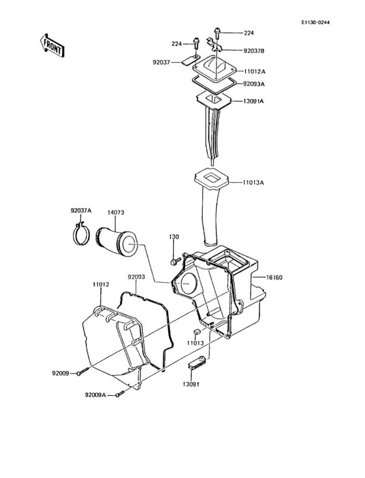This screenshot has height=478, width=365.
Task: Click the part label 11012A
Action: pyautogui.click(x=254, y=71)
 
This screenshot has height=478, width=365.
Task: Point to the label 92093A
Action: pyautogui.click(x=254, y=84)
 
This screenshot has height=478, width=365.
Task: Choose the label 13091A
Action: pyautogui.click(x=254, y=101)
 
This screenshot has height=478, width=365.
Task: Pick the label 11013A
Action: pyautogui.click(x=254, y=183)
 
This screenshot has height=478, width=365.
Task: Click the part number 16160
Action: pyautogui.click(x=274, y=278)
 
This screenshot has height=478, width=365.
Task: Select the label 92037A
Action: pyautogui.click(x=81, y=211)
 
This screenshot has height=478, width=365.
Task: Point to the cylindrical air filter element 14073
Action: pyautogui.click(x=117, y=241)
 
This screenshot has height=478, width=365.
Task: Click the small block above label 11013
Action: pyautogui.click(x=194, y=332)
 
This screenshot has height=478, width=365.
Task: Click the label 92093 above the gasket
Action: pyautogui.click(x=136, y=278)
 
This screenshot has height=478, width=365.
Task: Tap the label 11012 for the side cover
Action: pyautogui.click(x=100, y=285)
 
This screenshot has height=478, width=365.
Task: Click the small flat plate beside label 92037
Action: pyautogui.click(x=189, y=63)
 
